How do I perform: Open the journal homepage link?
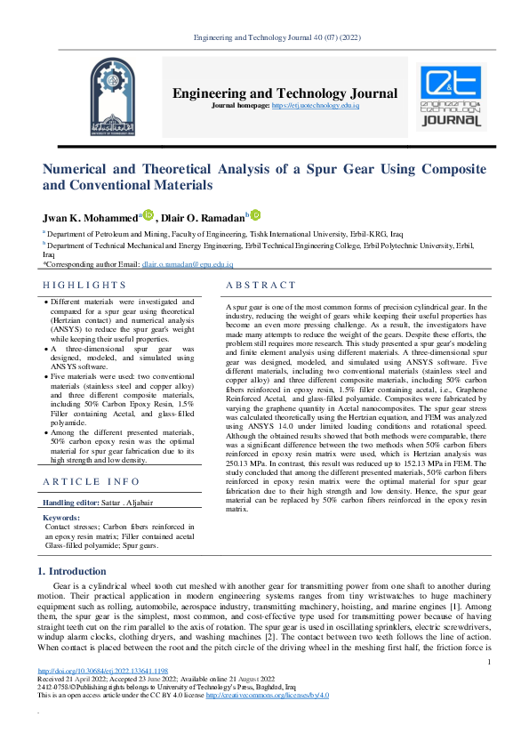click(316, 106)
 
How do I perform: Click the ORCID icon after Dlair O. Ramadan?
click(255, 214)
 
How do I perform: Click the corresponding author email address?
click(187, 264)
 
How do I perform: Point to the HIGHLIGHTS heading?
click(85, 285)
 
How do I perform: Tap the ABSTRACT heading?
click(260, 285)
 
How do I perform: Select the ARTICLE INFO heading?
click(92, 481)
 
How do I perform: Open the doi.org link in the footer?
click(103, 670)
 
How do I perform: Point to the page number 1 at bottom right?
click(489, 661)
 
